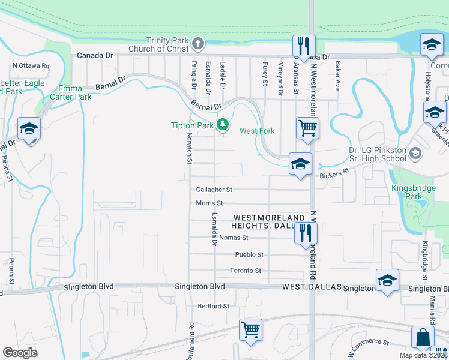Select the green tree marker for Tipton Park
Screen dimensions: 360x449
coord(223,125)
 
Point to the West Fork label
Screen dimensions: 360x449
coord(257,131)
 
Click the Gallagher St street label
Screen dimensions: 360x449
coord(214,189)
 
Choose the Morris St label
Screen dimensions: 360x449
coord(209,203)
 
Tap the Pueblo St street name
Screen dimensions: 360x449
coord(249,254)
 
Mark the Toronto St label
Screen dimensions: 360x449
coord(246,271)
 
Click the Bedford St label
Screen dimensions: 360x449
coord(214,306)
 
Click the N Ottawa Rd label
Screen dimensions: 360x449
coord(31,65)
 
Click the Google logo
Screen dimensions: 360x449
coord(20,353)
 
